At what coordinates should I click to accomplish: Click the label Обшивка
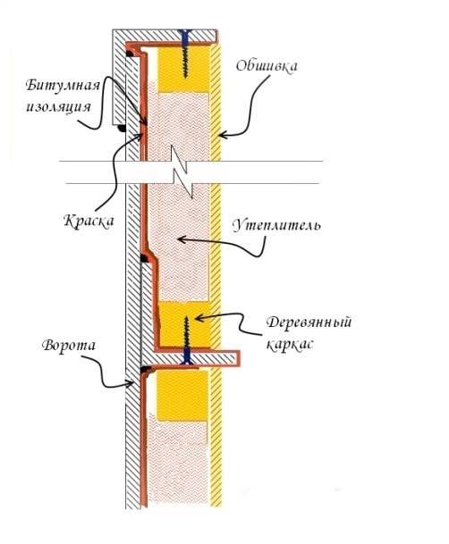tap(267, 65)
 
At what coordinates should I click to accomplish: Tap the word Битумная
tap(63, 86)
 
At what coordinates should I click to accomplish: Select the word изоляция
tap(58, 106)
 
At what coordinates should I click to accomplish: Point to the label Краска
tap(89, 221)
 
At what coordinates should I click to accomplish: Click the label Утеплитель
tap(276, 226)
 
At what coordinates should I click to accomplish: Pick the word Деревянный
tap(309, 322)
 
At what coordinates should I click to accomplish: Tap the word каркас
tap(290, 345)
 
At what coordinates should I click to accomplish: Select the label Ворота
tap(69, 346)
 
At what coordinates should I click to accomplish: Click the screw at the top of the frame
tap(185, 54)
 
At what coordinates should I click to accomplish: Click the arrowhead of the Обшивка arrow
tap(222, 135)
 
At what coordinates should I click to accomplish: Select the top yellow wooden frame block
tap(183, 69)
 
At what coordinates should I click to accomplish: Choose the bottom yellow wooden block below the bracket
tap(182, 396)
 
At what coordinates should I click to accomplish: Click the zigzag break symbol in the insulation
tap(181, 172)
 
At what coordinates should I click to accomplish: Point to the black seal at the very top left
tap(131, 54)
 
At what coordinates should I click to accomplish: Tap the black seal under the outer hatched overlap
tap(122, 129)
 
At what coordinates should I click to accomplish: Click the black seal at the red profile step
tap(144, 258)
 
